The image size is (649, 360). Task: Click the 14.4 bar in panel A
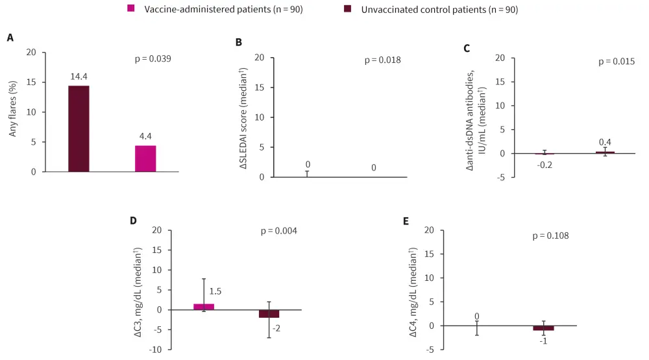click(79, 128)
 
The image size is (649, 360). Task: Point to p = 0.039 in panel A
click(153, 58)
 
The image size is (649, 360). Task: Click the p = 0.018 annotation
click(382, 60)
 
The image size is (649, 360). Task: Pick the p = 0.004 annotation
click(278, 231)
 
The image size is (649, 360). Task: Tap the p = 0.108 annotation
click(550, 235)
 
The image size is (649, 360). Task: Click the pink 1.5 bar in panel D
click(204, 306)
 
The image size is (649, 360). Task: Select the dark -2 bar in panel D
click(269, 314)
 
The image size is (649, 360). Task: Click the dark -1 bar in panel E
click(543, 328)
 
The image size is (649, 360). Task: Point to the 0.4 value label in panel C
click(605, 142)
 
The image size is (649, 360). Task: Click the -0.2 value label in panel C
click(543, 165)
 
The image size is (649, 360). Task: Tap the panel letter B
click(238, 42)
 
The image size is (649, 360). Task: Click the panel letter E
click(406, 221)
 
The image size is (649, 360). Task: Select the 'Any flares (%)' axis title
click(14, 112)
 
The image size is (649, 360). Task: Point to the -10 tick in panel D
click(157, 350)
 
